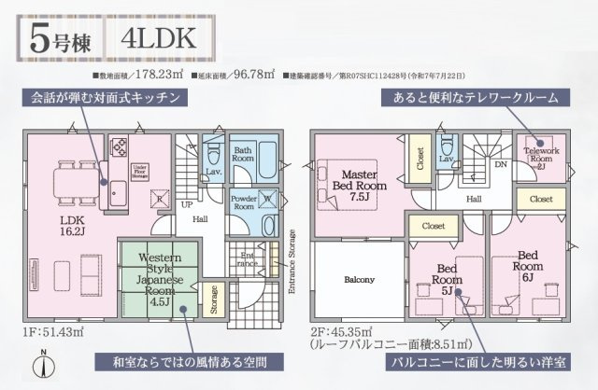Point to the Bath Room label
[x=244, y=157]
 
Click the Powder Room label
[x=243, y=202]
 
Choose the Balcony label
[x=359, y=280]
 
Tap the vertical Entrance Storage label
[x=292, y=262]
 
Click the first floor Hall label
[x=199, y=219]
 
